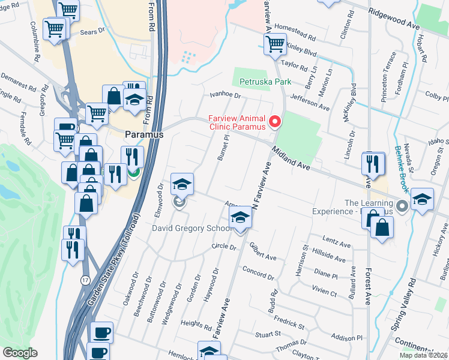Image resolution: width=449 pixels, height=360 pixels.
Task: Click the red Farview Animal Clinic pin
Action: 276,122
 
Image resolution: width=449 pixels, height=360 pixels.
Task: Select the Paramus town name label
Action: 144,135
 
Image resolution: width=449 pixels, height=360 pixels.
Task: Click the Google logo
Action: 20,353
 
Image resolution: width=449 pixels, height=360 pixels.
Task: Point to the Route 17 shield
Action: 85,280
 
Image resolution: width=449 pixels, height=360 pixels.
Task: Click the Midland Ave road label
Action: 290,159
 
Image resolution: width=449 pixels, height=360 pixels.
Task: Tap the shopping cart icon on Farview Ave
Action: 275,43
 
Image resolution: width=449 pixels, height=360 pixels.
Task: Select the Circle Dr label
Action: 221,247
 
